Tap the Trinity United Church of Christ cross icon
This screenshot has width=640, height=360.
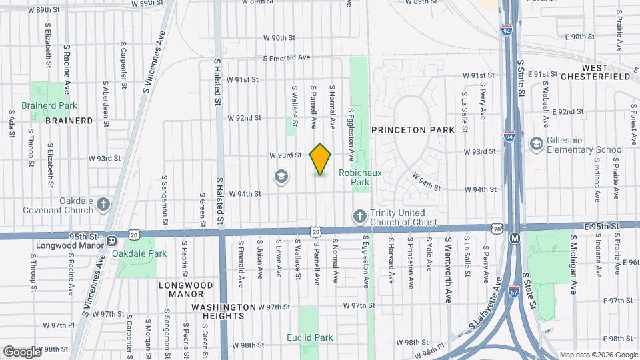coord(359,216)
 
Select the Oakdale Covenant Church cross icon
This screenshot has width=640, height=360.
coord(103,204)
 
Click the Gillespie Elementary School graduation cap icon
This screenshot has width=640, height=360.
coord(536,144)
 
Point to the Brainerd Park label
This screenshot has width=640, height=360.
coord(49,105)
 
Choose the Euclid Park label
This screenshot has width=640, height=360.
coord(310,337)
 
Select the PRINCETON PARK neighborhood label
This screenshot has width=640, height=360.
coord(413,130)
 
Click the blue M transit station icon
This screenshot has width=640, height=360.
coord(514,238)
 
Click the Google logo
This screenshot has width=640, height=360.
coord(22,351)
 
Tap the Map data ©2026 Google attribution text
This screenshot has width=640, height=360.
coord(598,355)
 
